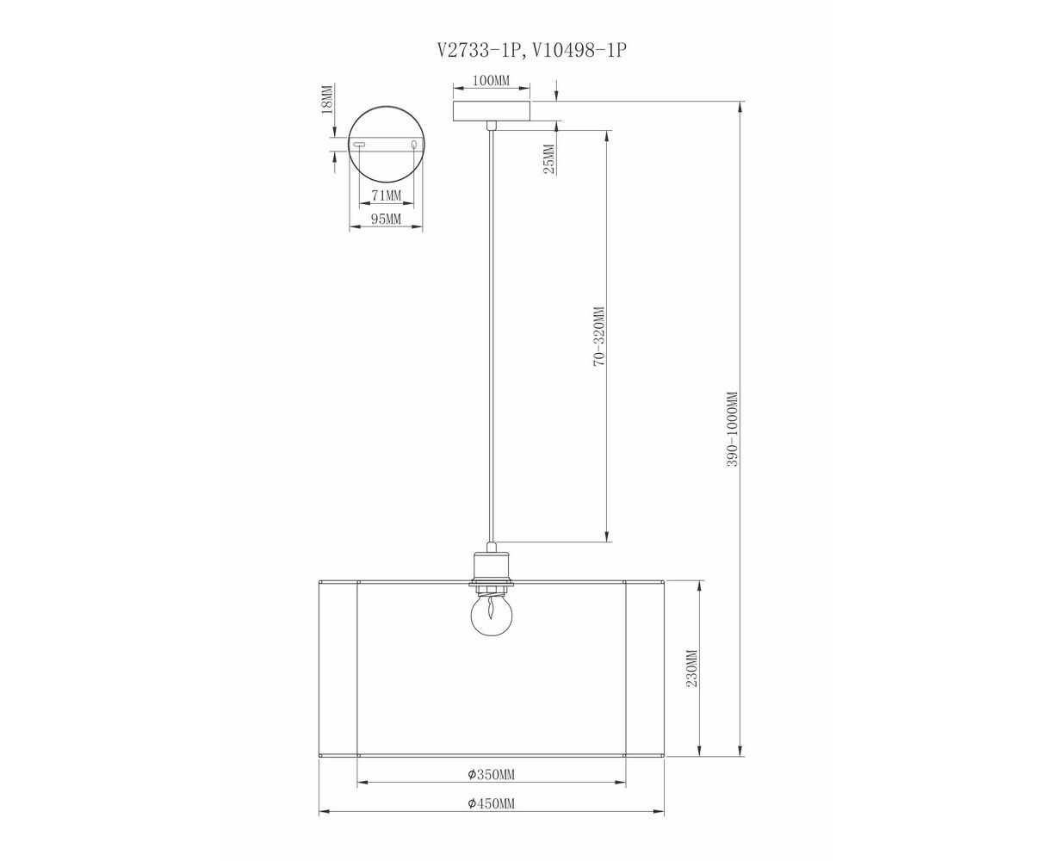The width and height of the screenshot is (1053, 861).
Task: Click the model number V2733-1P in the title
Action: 479,50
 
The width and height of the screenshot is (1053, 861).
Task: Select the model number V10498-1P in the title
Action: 579,50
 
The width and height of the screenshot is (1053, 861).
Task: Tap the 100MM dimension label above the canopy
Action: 491,80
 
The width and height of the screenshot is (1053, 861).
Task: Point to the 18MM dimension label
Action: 326,99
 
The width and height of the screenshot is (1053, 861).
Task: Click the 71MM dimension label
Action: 387,195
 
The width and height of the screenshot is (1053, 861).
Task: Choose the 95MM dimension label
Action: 386,219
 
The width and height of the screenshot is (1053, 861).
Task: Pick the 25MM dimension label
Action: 548,158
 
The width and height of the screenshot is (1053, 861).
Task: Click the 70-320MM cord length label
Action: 599,337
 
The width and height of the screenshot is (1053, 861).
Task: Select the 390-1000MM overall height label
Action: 732,429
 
